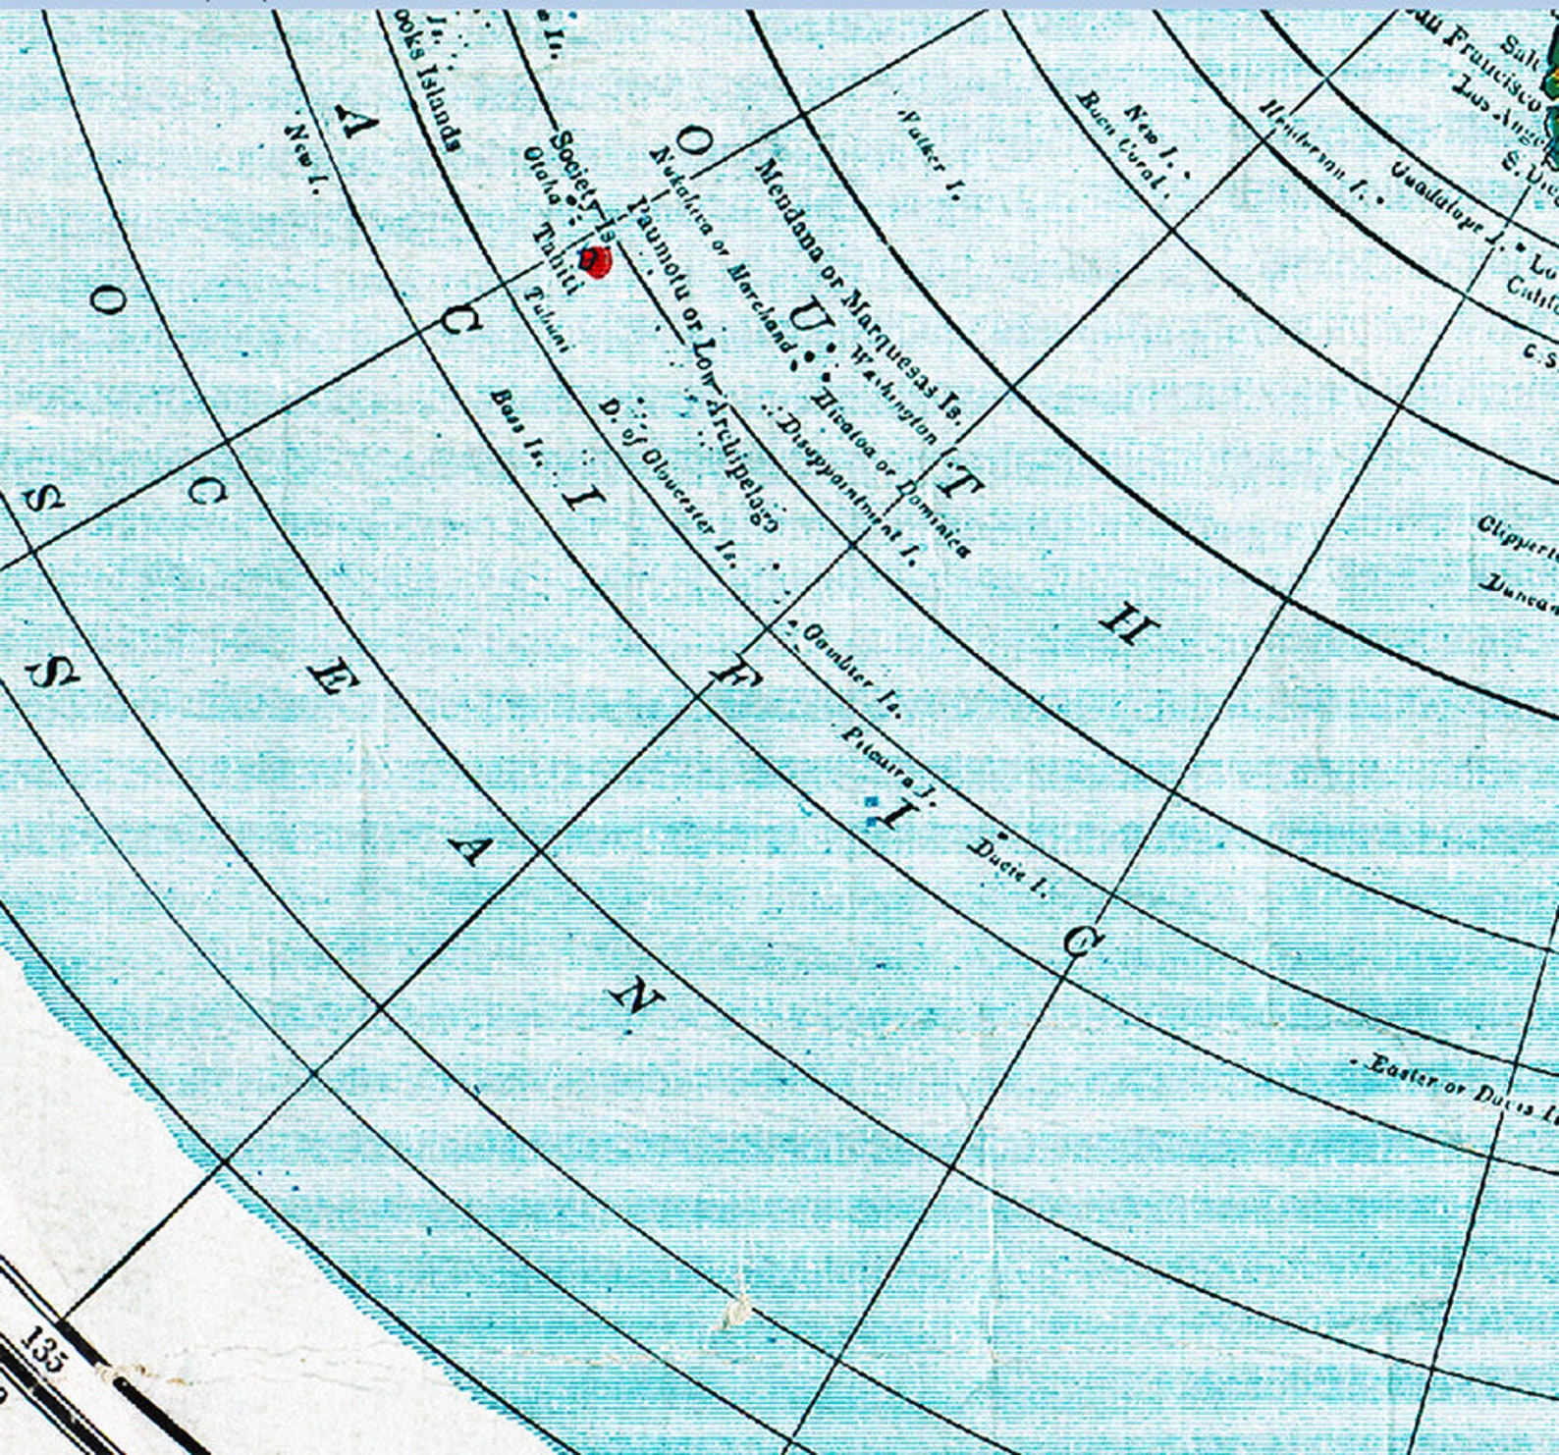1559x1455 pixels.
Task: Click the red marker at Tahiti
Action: [x=596, y=262]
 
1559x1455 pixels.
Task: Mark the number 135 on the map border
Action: [x=41, y=1350]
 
